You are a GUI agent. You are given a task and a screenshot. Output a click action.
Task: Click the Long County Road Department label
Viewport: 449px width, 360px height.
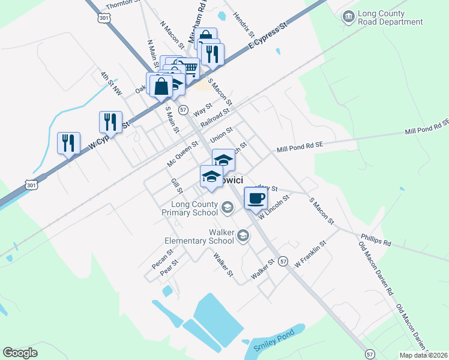click(390, 18)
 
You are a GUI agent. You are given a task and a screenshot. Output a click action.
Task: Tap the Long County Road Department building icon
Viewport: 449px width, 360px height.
click(348, 15)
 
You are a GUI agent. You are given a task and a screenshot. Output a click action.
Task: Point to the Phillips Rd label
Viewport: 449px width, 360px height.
click(375, 240)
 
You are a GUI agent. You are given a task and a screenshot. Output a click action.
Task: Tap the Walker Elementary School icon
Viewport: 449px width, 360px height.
click(243, 235)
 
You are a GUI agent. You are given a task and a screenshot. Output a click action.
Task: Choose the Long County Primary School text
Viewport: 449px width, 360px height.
click(190, 208)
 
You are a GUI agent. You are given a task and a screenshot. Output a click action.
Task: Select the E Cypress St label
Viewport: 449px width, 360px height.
click(268, 37)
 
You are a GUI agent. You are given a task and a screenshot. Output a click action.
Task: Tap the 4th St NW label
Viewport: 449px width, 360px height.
click(111, 84)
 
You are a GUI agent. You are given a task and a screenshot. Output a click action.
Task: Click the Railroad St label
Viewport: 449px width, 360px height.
click(215, 116)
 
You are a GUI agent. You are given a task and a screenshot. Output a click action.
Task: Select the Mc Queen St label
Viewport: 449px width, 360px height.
click(182, 154)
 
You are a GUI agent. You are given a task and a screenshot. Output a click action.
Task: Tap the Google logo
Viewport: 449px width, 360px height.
click(20, 352)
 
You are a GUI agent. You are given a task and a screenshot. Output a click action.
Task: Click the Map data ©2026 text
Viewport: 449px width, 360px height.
click(423, 355)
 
